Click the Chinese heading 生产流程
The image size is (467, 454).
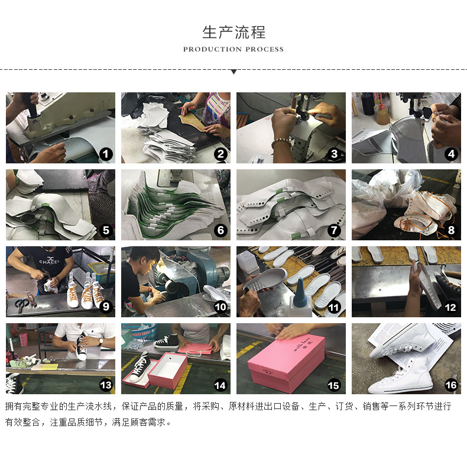click(x=234, y=32)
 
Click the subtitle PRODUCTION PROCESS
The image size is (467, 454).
click(x=234, y=49)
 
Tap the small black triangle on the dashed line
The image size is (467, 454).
click(x=234, y=72)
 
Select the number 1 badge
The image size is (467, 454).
click(x=106, y=154)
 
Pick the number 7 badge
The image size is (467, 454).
click(x=334, y=230)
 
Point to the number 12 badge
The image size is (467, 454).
click(x=450, y=307)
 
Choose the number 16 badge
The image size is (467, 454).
click(x=450, y=385)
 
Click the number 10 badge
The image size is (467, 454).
click(x=220, y=307)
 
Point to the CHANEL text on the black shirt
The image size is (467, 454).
click(x=49, y=261)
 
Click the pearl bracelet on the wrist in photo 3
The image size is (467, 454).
click(x=281, y=141)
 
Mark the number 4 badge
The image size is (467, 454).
click(x=451, y=154)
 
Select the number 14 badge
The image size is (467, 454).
click(x=220, y=385)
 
